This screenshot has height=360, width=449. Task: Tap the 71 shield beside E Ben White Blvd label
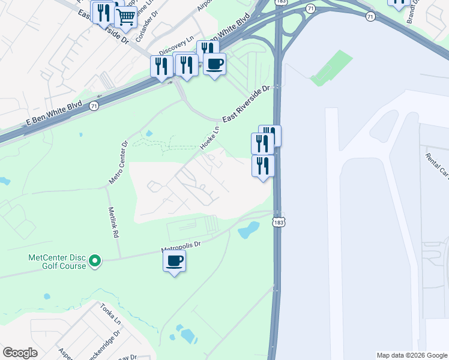pyautogui.click(x=93, y=106)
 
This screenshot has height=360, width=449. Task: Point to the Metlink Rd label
pyautogui.click(x=113, y=223)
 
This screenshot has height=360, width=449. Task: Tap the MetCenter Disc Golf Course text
pyautogui.click(x=57, y=262)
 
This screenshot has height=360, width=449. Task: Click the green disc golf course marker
pyautogui.click(x=94, y=261)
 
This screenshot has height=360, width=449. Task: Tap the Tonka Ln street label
pyautogui.click(x=110, y=313)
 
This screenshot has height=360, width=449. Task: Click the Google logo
pyautogui.click(x=20, y=352)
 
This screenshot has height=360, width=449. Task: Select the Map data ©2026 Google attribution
pyautogui.click(x=411, y=355)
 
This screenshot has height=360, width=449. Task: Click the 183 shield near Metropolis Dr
pyautogui.click(x=276, y=221)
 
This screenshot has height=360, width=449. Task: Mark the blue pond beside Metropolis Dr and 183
pyautogui.click(x=249, y=229)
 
